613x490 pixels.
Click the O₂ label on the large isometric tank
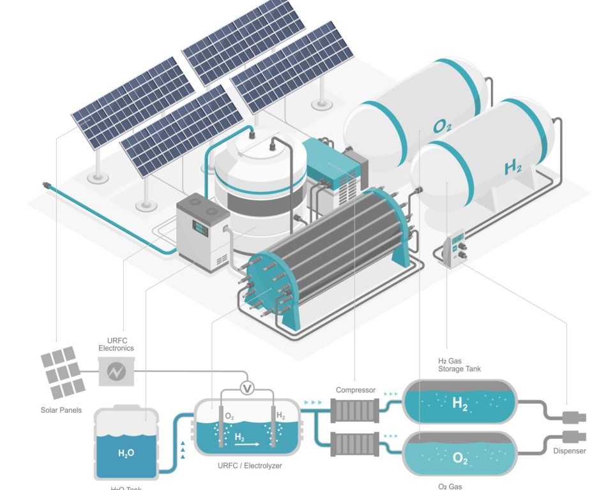(443, 127)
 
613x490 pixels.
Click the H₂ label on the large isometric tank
(513, 168)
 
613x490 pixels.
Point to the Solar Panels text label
(61, 410)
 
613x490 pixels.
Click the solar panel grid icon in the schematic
(63, 372)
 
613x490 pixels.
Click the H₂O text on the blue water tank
(126, 454)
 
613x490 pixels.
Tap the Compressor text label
(356, 390)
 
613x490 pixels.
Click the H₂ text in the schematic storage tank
(460, 403)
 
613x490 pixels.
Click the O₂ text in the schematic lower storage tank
(460, 457)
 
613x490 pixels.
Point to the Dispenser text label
(568, 451)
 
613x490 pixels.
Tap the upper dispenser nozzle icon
(572, 418)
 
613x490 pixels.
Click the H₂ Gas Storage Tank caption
(460, 365)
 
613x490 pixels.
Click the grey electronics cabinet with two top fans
(202, 228)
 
